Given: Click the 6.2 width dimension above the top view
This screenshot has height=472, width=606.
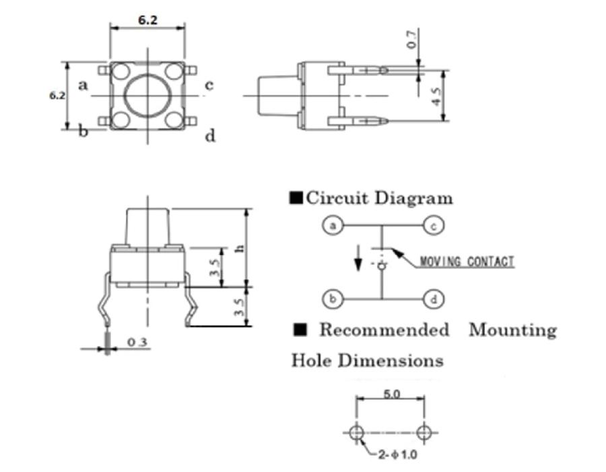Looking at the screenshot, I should pos(148,20).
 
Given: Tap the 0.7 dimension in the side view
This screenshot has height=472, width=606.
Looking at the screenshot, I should pos(413,39).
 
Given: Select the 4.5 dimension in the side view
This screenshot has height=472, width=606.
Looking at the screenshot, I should pos(436,96).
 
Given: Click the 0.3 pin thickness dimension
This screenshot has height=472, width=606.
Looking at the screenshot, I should pos(137,343).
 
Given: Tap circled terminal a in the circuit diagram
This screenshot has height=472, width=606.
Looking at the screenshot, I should pos(331,225).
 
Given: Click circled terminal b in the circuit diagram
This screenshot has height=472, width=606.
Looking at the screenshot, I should pos(331,298).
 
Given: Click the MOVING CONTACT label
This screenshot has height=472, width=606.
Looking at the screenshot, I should pos(467,262).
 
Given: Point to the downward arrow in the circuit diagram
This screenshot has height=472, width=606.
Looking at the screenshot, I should pos(358,257).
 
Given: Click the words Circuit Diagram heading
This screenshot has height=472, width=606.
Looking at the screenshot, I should pos(379,198).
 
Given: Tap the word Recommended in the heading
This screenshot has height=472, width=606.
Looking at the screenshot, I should pos(383,330).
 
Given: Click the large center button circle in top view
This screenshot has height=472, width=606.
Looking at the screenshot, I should pos(147,95).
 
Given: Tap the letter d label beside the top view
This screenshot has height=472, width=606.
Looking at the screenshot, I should pos(210,137).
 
